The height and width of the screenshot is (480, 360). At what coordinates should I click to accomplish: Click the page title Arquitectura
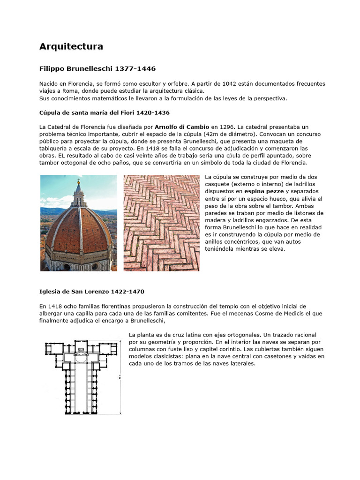[71, 46]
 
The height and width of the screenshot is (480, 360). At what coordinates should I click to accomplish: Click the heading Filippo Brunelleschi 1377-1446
[97, 68]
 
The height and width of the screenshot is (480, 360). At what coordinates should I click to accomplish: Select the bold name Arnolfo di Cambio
[182, 127]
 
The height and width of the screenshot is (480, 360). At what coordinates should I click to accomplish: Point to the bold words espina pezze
[264, 191]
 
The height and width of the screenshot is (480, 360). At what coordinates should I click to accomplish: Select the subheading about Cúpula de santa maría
[105, 113]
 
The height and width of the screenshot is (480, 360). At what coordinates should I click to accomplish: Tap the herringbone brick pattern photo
[161, 223]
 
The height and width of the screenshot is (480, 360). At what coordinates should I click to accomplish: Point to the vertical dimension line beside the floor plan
[121, 378]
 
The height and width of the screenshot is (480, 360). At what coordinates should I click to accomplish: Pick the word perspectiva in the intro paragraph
[269, 98]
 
